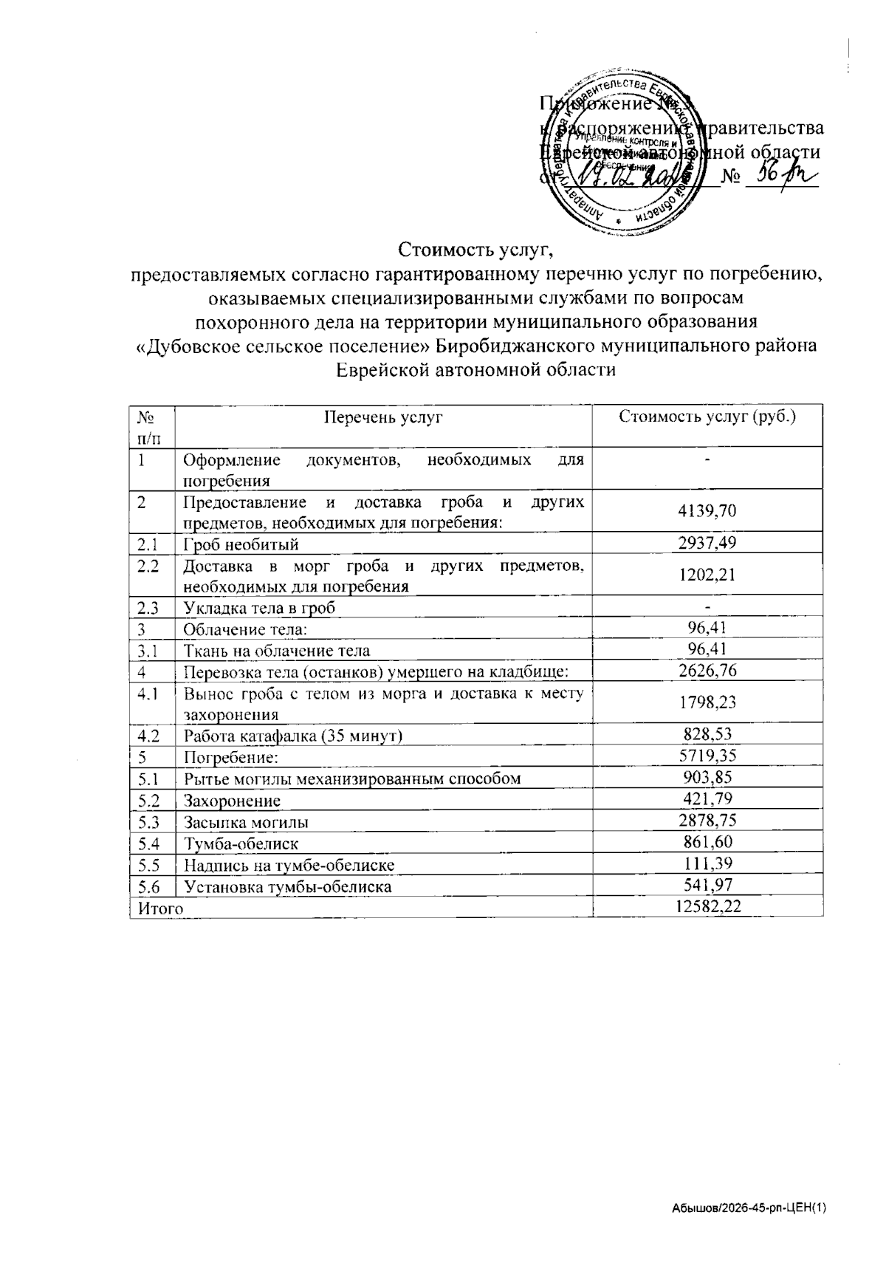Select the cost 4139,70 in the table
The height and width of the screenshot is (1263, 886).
pos(708,511)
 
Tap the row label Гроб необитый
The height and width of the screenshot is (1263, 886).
pos(241,545)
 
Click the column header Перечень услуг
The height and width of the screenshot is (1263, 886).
pos(383,417)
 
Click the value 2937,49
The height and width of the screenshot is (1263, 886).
pos(708,544)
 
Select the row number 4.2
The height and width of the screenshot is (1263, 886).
pos(148,736)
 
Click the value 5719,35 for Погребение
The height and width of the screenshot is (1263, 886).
pos(708,756)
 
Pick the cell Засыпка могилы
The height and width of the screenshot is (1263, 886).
pos(246,822)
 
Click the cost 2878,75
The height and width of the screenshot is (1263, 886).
pos(708,821)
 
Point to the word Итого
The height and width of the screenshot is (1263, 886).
pos(157,908)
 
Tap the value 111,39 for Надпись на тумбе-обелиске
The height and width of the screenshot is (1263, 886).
pos(708,863)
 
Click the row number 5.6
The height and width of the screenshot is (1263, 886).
pos(148,886)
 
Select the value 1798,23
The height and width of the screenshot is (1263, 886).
pos(708,702)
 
